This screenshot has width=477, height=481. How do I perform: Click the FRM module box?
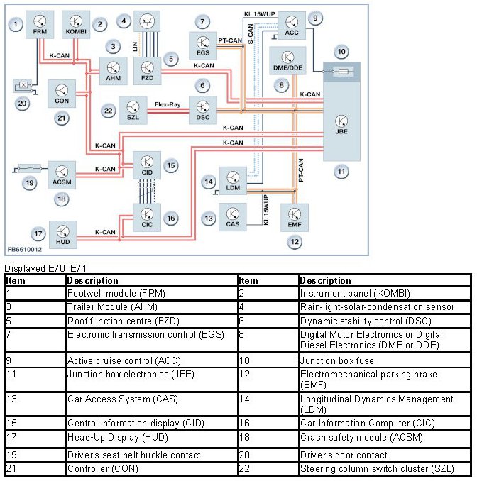(40, 24)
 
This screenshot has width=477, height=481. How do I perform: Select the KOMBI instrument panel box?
(75, 24)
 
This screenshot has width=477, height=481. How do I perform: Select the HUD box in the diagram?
(63, 231)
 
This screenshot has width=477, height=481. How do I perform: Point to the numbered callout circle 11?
(341, 172)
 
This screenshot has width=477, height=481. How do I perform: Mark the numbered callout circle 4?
(125, 21)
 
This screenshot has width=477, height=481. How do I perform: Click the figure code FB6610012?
(25, 250)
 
